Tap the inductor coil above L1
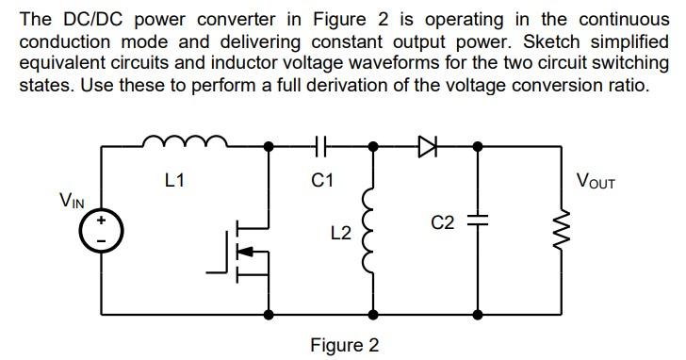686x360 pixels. click(184, 142)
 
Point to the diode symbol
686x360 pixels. click(426, 146)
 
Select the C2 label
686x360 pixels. click(443, 222)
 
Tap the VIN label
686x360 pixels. click(73, 200)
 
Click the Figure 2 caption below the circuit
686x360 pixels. click(345, 345)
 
